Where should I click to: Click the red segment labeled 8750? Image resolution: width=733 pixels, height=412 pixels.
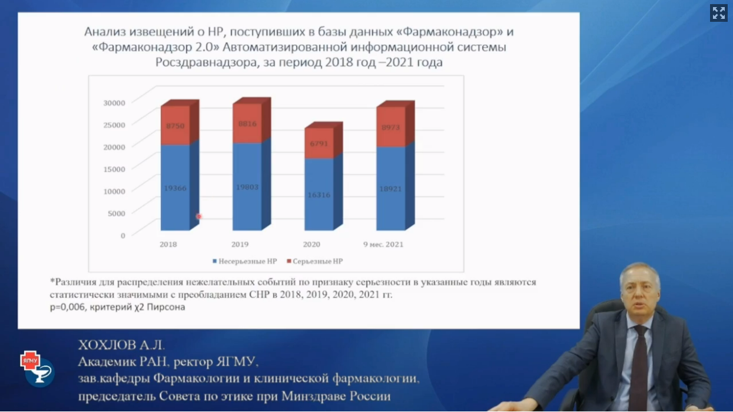coord(175,125)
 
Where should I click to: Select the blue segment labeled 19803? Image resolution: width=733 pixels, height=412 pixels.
coord(247,187)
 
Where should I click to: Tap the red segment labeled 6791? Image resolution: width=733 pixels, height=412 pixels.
coord(319,143)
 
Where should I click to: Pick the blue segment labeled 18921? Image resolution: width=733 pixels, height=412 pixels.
coord(391,189)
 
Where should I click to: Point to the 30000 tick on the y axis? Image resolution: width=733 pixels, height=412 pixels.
coord(114,103)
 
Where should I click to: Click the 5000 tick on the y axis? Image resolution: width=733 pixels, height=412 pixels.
coord(117,213)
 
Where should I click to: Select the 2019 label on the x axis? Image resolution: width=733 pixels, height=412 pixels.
coord(240,245)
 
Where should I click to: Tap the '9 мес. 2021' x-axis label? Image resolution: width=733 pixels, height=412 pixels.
coord(383,245)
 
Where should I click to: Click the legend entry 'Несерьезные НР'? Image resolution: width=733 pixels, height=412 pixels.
coord(245,261)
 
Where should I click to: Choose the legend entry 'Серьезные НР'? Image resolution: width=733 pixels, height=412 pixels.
coord(315,261)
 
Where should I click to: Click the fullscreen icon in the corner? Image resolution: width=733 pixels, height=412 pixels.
coord(719,13)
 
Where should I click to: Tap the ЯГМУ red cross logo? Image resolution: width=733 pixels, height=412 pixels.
coord(30,361)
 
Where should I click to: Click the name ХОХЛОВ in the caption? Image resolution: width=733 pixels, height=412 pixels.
coord(107,345)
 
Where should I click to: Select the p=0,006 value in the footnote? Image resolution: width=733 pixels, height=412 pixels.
coord(68,307)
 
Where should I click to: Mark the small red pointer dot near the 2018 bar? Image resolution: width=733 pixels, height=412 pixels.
coord(198,216)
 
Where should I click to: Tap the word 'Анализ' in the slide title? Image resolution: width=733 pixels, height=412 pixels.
coord(105,32)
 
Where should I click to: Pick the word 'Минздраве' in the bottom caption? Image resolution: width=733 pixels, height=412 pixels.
coord(313,396)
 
